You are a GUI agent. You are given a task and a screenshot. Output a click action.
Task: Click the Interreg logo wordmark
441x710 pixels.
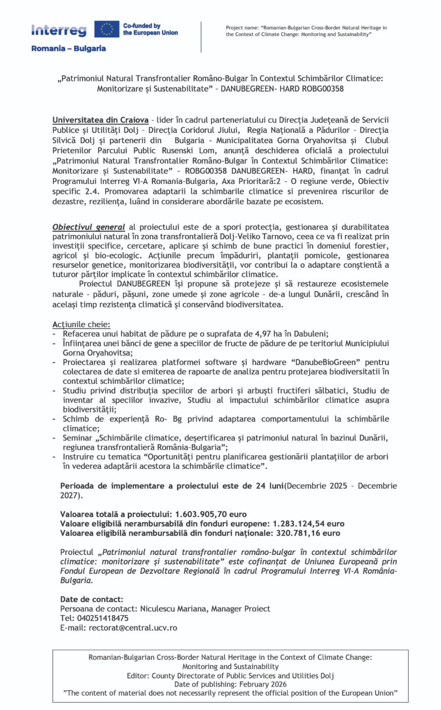tap(58, 30)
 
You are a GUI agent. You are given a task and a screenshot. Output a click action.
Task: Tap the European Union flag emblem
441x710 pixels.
tap(107, 29)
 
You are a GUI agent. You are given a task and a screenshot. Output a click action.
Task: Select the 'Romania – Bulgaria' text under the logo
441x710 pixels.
tap(69, 49)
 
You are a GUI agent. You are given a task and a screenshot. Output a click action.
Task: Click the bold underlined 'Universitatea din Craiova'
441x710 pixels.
tap(101, 120)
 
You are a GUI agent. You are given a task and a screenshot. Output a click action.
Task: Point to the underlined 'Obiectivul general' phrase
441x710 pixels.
tap(89, 227)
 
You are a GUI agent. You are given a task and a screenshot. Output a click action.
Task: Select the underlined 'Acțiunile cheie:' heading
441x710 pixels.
tap(81, 324)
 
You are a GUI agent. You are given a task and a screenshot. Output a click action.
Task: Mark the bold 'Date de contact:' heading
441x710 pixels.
tap(92, 599)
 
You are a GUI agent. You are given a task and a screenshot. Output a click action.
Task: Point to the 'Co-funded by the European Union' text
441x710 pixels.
tap(150, 29)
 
